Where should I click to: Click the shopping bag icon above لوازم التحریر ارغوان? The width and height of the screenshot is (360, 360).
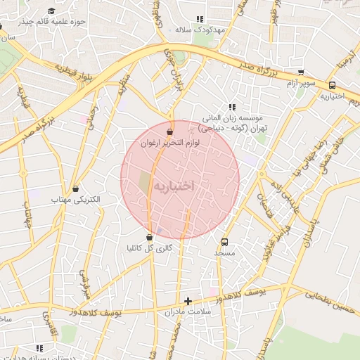[169, 131]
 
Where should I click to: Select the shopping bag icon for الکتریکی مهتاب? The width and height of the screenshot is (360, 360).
[75, 188]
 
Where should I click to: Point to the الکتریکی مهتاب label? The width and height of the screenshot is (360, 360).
[77, 200]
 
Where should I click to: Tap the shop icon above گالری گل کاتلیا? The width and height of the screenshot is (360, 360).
[149, 237]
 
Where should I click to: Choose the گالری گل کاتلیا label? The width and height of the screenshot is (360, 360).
[149, 248]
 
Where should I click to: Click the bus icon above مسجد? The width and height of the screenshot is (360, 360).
[225, 240]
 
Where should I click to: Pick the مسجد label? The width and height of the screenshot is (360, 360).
[225, 252]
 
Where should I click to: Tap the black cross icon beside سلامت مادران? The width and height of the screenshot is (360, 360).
[188, 301]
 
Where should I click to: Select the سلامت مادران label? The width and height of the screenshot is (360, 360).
[188, 311]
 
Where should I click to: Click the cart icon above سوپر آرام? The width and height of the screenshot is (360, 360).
[301, 72]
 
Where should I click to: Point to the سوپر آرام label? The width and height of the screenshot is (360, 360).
[301, 84]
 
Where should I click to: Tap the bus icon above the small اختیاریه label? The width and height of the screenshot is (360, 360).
[332, 85]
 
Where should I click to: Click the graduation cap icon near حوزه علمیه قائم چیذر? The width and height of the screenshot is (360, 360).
[52, 11]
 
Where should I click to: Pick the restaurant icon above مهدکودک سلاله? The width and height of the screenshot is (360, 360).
[200, 19]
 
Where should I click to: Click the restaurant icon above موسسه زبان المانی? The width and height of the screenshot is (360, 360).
[233, 107]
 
